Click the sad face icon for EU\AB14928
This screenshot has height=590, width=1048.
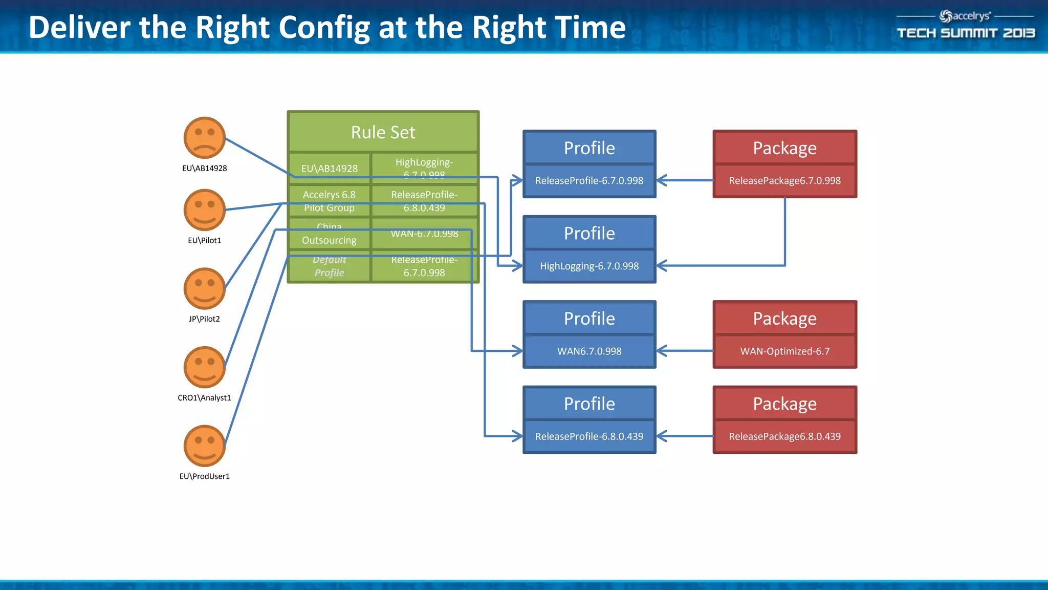(204, 138)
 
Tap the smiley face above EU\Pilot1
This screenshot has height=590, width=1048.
(204, 210)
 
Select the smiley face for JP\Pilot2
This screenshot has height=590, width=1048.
(204, 288)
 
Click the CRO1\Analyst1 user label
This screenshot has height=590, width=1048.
(204, 397)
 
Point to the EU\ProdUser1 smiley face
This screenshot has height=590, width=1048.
(204, 446)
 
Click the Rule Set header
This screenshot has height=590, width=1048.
(383, 132)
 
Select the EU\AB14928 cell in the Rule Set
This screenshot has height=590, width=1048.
(329, 168)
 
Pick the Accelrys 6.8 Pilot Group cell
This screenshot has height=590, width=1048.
(329, 201)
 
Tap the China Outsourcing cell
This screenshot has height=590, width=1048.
(329, 234)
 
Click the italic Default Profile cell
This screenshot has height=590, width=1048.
(329, 266)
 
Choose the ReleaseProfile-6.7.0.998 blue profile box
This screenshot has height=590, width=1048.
(589, 180)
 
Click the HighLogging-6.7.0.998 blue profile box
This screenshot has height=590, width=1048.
(589, 266)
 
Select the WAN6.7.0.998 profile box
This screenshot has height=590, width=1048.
(589, 351)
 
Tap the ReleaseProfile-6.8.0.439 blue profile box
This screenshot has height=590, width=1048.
(589, 436)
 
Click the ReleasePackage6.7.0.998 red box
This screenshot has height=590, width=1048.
(784, 180)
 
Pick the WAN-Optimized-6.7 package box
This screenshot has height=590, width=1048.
(784, 351)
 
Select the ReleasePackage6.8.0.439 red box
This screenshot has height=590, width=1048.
(784, 436)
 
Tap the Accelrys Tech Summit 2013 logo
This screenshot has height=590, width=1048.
(965, 25)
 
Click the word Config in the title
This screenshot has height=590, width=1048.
(324, 28)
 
